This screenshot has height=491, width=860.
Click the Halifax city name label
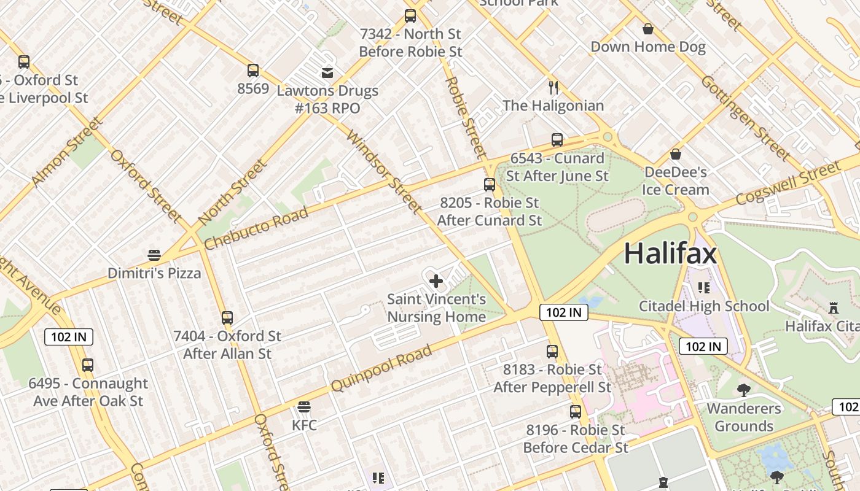670,253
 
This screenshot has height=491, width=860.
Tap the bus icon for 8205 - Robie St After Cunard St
490,184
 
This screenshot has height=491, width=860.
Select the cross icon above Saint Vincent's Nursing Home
436,281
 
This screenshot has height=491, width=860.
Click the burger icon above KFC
303,407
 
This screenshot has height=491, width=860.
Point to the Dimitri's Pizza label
154,273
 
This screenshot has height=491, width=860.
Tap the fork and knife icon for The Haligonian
553,87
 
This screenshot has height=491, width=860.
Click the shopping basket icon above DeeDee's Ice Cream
676,154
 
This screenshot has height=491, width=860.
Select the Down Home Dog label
648,47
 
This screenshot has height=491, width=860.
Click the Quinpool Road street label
381,368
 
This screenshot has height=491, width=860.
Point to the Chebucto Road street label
256,228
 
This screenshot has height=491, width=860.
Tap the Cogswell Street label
788,183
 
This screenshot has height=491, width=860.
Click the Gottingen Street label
745,117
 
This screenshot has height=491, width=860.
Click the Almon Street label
68,152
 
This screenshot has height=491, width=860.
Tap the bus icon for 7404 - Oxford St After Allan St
227,318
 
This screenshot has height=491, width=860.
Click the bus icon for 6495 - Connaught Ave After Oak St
88,365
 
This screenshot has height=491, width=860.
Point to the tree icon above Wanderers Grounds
743,390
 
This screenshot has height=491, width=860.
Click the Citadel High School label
704,306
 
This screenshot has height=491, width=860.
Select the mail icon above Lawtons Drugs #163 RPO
327,73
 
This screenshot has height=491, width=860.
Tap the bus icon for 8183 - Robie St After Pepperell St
552,352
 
